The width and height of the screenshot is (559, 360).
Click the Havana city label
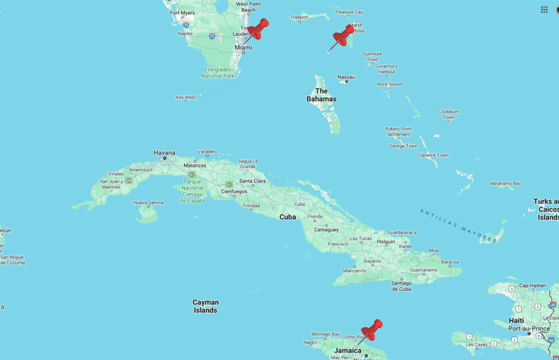tap(164, 152)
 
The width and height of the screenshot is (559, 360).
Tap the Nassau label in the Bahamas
tap(346, 77)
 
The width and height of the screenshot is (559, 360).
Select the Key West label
tap(186, 97)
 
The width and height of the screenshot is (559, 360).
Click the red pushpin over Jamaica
tap(373, 329)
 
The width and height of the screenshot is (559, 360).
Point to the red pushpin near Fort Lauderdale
tap(258, 28)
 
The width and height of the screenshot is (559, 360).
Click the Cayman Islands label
tap(206, 306)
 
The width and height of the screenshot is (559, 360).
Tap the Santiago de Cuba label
tap(401, 285)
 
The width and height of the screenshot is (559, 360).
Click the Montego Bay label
tap(326, 334)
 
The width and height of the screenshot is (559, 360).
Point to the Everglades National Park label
tap(218, 73)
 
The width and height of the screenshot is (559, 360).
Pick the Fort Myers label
tap(182, 13)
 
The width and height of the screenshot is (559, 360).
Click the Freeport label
tap(299, 17)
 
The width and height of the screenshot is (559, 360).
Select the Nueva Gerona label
tap(148, 203)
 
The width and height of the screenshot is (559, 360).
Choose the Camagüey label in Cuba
tap(326, 229)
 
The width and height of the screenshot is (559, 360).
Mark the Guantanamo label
tap(424, 270)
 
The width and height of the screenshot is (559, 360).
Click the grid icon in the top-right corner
tap(544, 9)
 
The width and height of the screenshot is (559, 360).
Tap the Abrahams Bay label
tap(505, 184)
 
